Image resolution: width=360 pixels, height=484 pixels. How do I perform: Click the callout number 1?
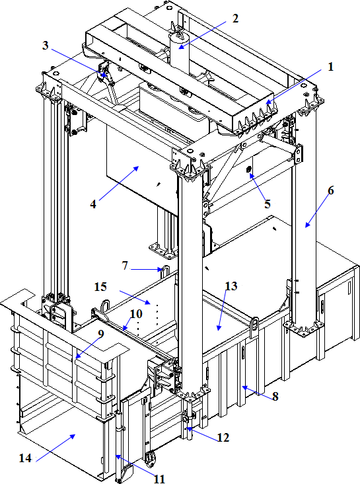click(330, 67)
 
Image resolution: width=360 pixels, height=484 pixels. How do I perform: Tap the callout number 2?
click(235, 19)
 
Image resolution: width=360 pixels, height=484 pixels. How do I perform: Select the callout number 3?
click(46, 46)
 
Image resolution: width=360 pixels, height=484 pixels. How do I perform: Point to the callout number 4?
click(93, 204)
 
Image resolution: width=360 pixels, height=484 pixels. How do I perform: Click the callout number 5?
click(267, 204)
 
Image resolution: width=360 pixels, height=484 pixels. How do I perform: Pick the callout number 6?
click(330, 190)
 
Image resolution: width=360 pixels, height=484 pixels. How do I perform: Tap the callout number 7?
click(125, 265)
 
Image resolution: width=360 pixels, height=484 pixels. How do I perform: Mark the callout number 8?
click(275, 396)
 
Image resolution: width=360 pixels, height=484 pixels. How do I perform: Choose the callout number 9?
click(101, 334)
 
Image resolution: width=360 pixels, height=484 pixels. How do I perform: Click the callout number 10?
click(135, 314)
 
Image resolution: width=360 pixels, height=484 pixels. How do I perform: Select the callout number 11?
click(159, 479)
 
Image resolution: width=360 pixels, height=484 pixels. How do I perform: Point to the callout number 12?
click(223, 438)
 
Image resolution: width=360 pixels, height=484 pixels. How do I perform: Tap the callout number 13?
click(231, 286)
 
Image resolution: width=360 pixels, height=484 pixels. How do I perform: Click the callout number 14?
click(25, 458)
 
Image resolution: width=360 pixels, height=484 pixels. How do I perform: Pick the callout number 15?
click(100, 287)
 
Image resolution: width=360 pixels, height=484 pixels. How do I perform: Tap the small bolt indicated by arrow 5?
click(248, 169)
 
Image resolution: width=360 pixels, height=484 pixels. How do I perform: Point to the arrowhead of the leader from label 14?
click(73, 436)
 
